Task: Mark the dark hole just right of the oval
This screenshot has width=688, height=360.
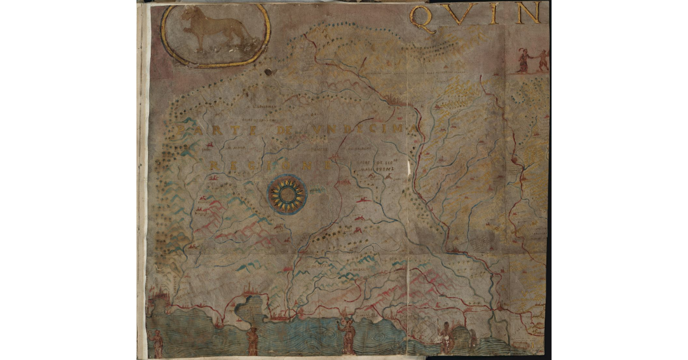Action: tap(268, 72)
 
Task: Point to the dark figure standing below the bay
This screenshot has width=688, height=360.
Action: tap(253, 341)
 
